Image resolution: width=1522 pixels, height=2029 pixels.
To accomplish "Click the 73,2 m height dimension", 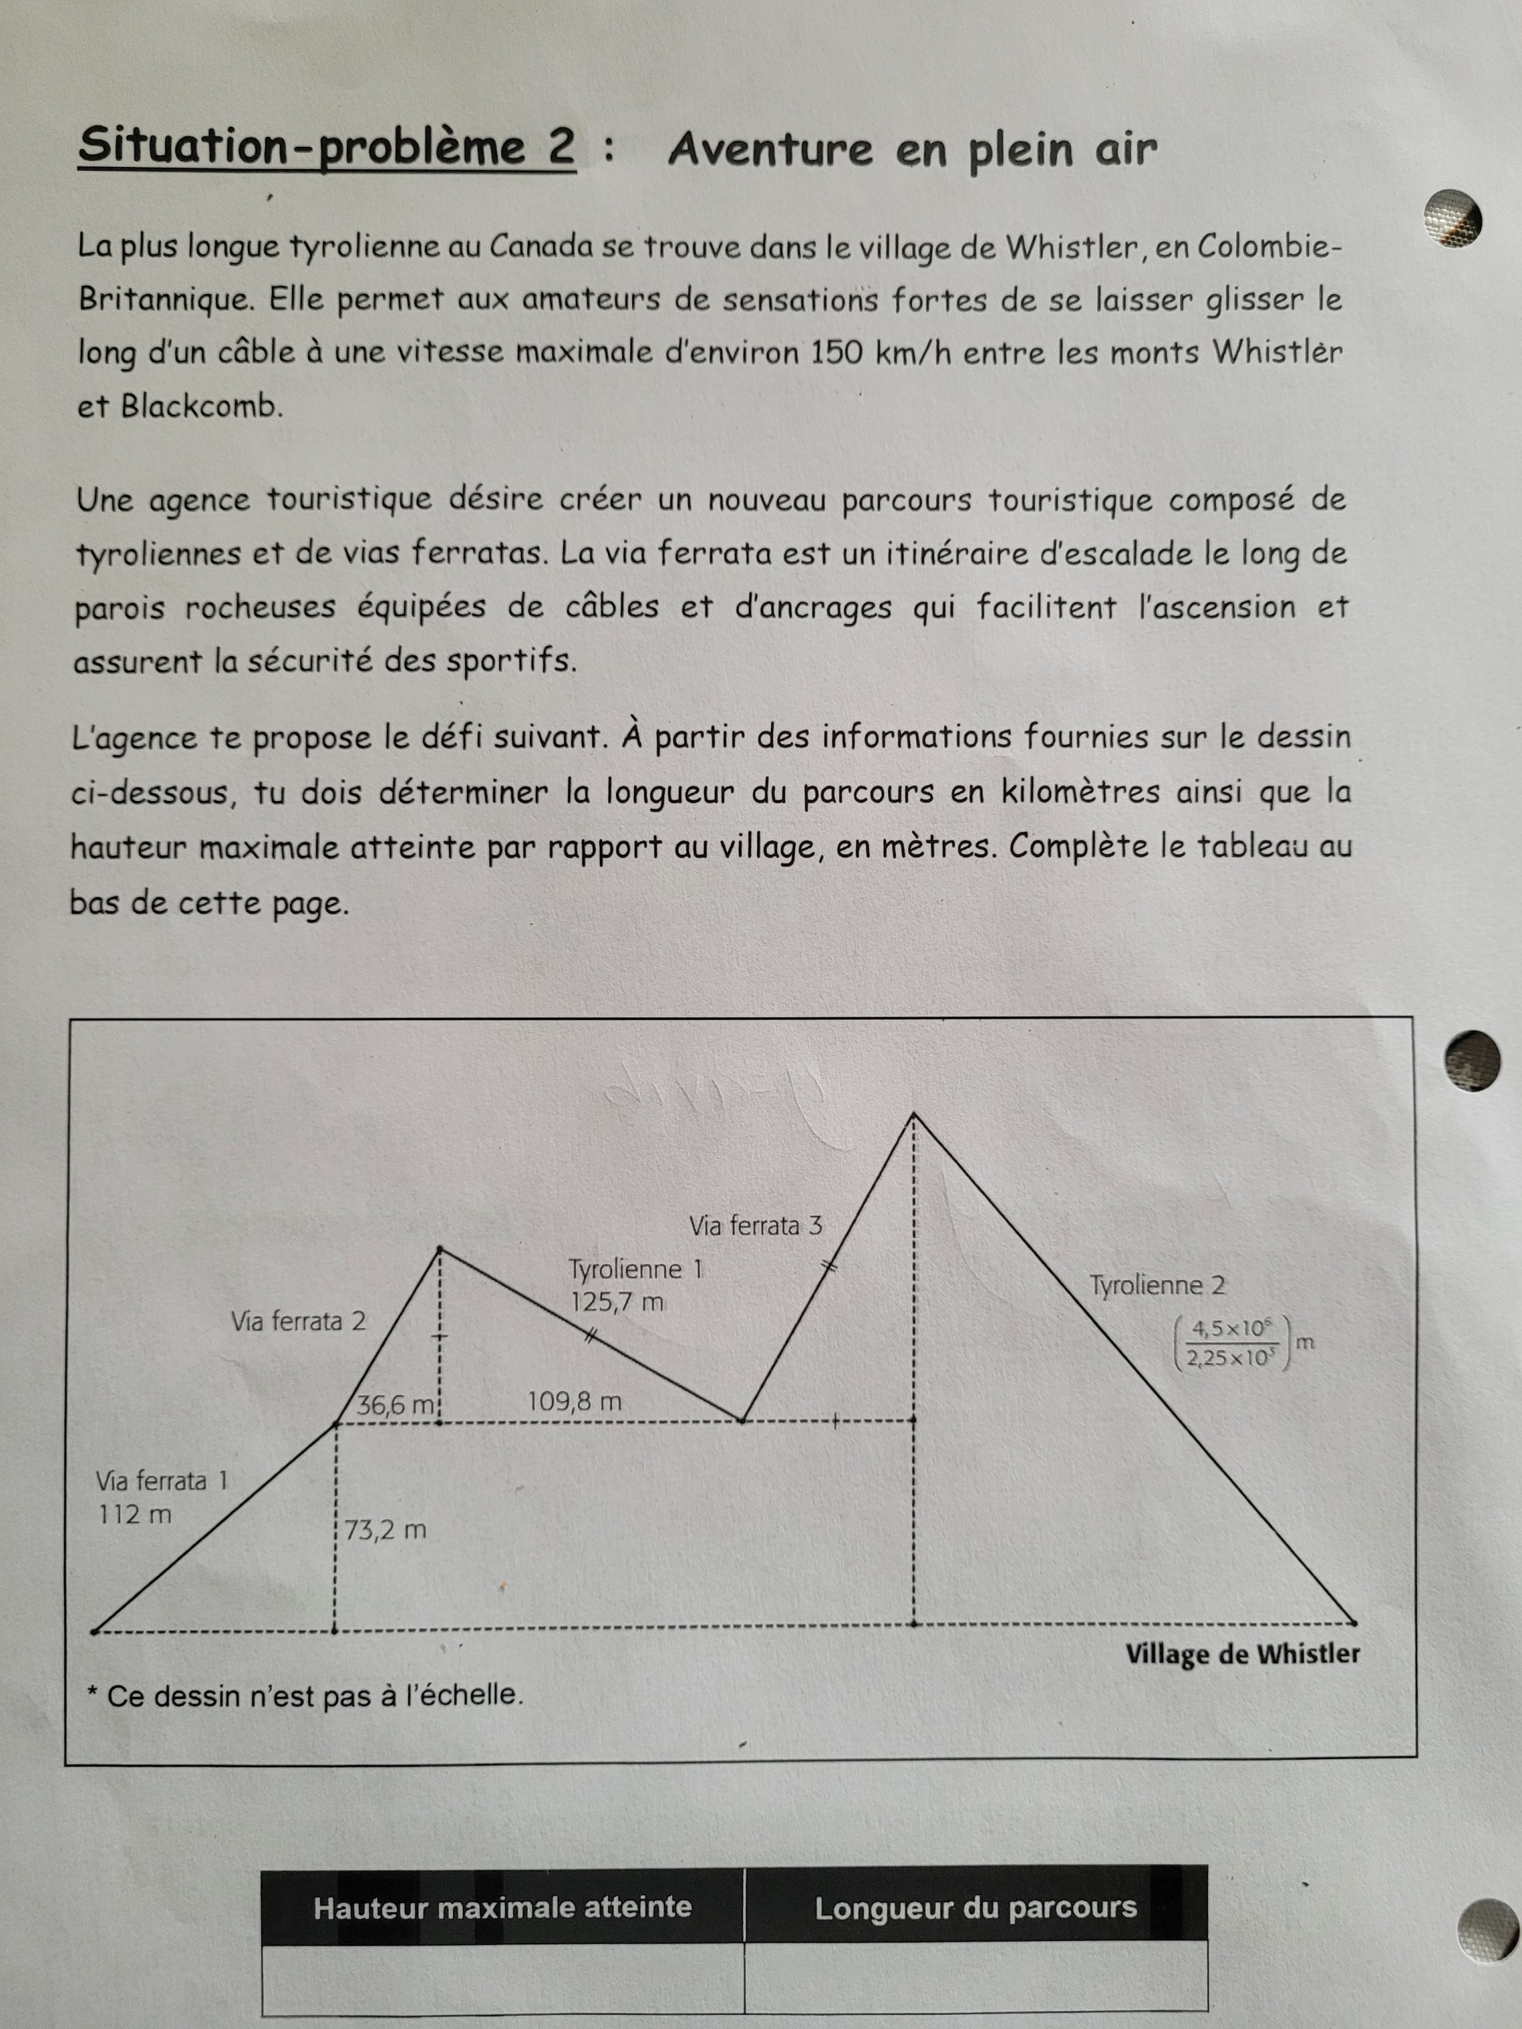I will pos(385,1530).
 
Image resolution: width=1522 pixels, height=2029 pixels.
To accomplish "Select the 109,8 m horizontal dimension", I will pos(574,1402).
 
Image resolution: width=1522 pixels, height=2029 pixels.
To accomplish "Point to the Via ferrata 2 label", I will pos(298,1321).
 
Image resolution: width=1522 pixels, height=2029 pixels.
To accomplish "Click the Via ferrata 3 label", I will pos(756,1225).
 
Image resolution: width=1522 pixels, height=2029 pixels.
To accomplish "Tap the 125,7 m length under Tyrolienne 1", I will pos(617,1302).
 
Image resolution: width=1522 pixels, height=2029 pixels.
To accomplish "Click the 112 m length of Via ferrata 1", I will pos(135,1514).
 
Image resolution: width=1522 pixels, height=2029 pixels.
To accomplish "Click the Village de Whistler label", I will pos(1242,1654).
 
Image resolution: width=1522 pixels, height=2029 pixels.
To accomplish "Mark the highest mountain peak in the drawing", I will pos(914,1114).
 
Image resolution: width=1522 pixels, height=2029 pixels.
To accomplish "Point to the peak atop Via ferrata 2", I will pos(440,1249).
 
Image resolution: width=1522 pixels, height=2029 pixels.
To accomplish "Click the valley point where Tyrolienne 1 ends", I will pos(742,1421).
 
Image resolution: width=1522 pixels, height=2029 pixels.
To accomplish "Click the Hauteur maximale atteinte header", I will pos(502,1908).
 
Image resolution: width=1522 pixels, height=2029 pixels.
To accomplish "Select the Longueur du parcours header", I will pos(975,1908).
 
